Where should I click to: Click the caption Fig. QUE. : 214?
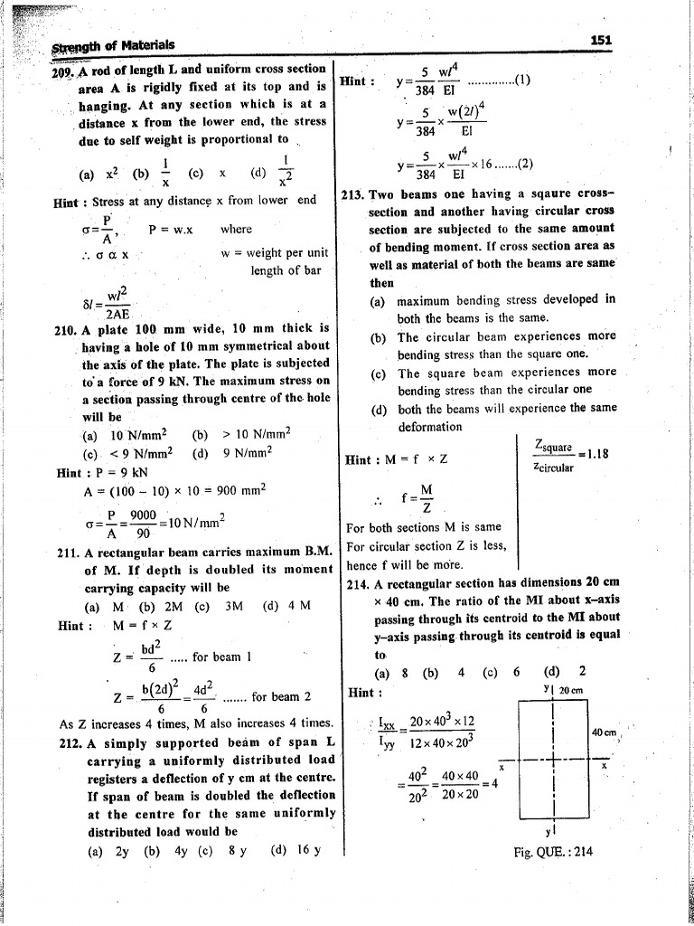point(554,852)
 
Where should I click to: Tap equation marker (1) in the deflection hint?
point(521,80)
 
